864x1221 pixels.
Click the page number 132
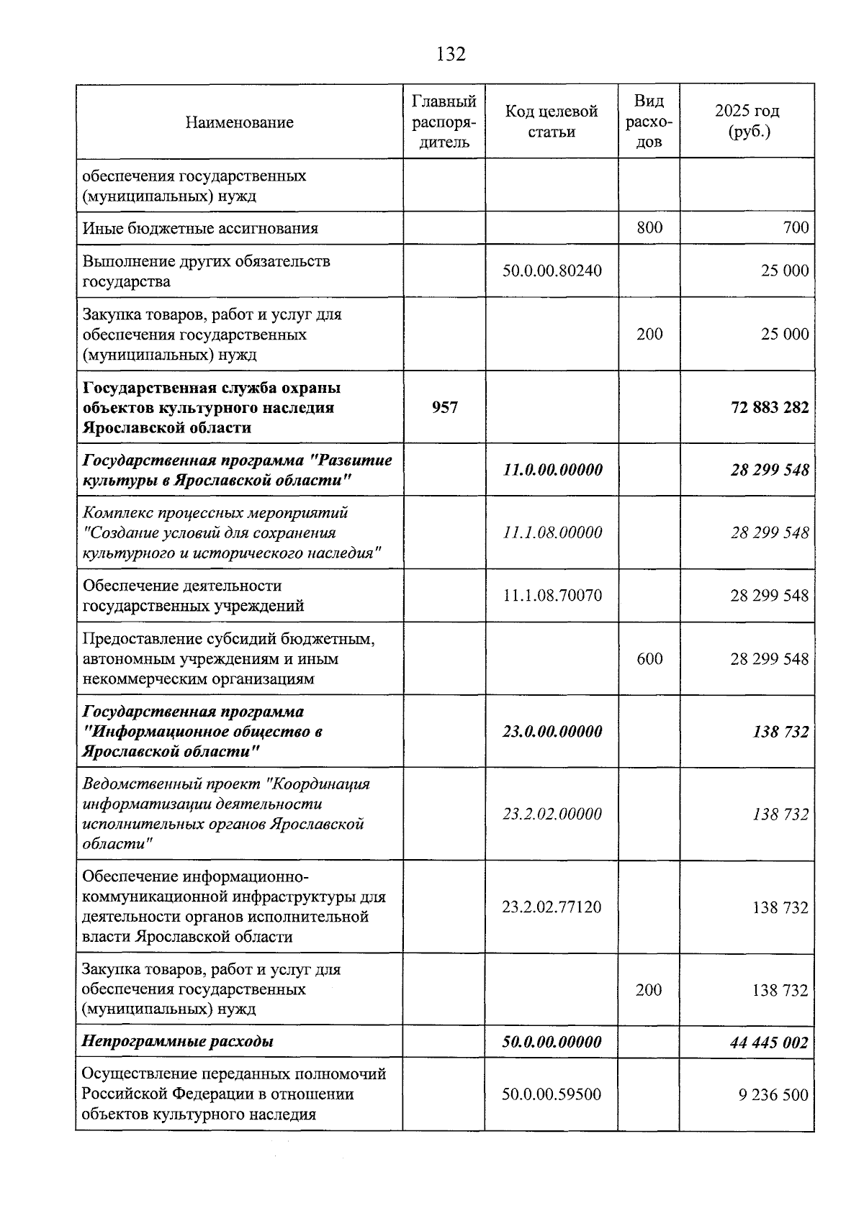click(451, 54)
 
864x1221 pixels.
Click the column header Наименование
click(239, 122)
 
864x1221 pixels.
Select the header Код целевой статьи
click(552, 122)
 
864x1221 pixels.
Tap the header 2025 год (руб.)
click(747, 122)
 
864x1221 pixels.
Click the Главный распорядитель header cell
click(444, 122)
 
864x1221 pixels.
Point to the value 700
click(796, 228)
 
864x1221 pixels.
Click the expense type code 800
click(649, 228)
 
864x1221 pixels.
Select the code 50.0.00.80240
click(552, 271)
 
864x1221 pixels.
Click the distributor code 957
click(444, 408)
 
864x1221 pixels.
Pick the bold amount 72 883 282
click(770, 408)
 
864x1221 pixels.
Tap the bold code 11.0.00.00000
click(552, 471)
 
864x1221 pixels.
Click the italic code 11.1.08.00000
click(552, 533)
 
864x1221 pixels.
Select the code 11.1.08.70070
click(552, 596)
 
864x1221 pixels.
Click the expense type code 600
click(649, 659)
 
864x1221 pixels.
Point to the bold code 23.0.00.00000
click(552, 732)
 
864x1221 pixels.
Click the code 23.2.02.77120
click(552, 907)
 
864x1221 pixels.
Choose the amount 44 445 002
click(769, 1043)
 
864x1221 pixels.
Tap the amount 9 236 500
click(773, 1095)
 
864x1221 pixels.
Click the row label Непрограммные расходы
click(177, 1042)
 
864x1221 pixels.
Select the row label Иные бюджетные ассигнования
click(200, 229)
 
